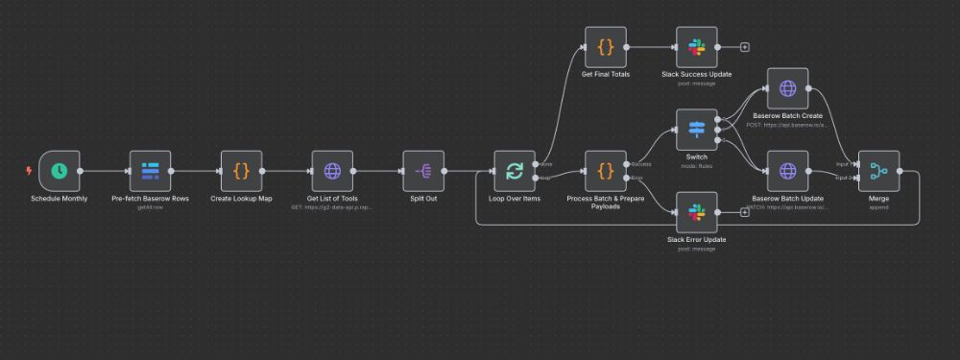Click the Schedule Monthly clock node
point(60,171)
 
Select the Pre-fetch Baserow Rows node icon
point(150,171)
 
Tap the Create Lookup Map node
point(241,171)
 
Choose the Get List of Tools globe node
point(332,171)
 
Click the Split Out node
point(423,171)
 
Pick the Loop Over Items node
point(515,171)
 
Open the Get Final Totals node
point(606,45)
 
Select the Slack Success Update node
point(697,45)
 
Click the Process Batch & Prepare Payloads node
point(606,171)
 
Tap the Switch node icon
point(697,130)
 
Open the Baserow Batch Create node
point(787,88)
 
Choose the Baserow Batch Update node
point(787,171)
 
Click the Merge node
point(878,171)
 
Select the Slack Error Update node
point(697,212)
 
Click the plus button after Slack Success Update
point(744,46)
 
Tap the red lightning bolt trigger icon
point(29,171)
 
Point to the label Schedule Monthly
point(60,199)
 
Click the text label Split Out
point(423,199)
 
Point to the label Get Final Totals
point(606,74)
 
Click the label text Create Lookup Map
point(241,199)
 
